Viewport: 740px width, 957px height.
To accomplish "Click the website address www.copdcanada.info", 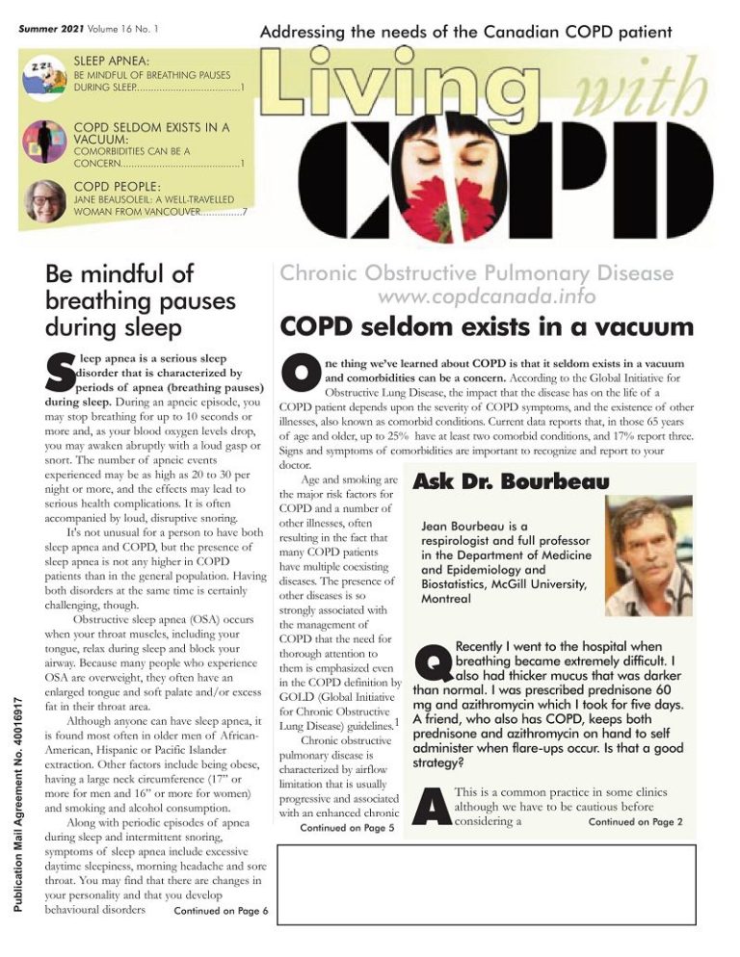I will point(487,297).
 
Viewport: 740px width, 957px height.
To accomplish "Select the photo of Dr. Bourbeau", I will point(647,556).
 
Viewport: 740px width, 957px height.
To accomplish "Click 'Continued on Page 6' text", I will point(221,911).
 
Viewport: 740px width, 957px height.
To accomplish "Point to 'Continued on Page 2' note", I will point(635,821).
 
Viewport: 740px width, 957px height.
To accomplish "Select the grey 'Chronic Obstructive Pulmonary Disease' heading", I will point(477,273).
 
